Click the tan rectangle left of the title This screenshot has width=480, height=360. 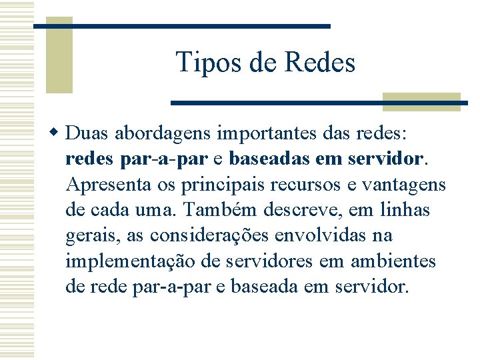point(59,55)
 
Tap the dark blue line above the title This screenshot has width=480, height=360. point(182,25)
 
